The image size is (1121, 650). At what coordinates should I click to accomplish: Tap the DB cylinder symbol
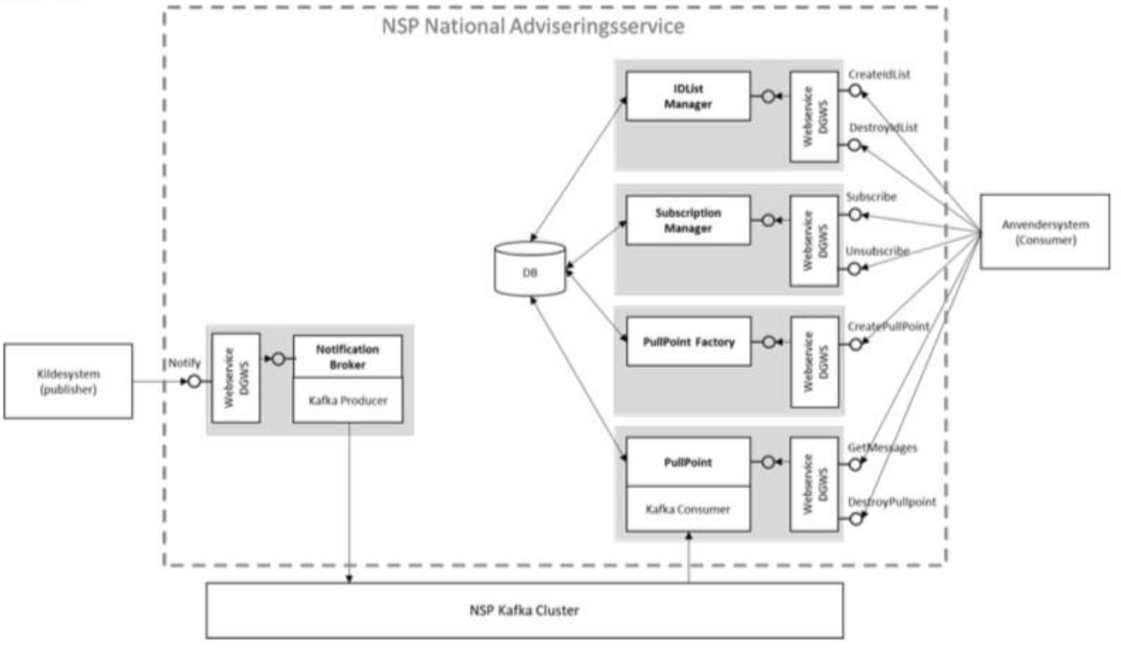point(528,272)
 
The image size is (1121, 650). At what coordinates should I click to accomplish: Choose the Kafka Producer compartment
point(349,399)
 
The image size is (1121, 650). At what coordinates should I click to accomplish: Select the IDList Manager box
point(688,95)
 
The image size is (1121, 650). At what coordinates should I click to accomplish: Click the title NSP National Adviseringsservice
point(533,26)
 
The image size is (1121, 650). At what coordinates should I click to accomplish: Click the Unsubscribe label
point(877,252)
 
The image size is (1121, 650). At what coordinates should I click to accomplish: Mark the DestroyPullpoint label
point(890,502)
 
